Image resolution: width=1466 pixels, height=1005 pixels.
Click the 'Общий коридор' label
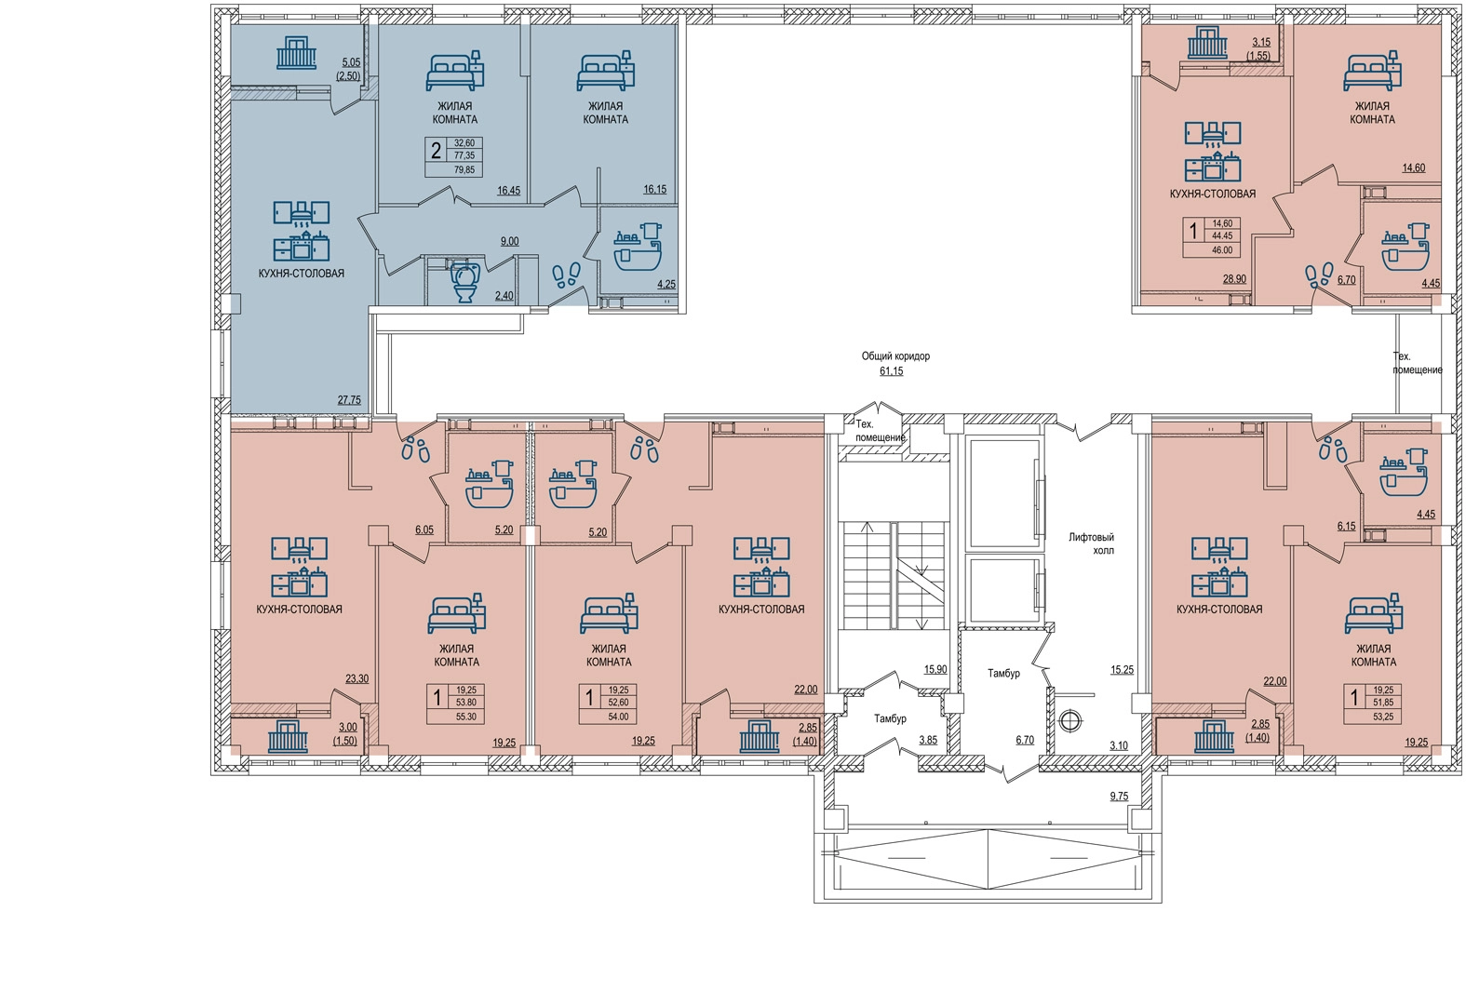coord(895,356)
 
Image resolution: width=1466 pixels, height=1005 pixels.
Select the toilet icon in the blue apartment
coord(465,282)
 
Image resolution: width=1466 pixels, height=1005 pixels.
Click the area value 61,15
coord(892,371)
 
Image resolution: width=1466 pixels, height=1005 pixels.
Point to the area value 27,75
coord(349,400)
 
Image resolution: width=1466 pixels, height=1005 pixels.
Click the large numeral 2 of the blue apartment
coord(436,152)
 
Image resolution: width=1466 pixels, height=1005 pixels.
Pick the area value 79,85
coord(465,170)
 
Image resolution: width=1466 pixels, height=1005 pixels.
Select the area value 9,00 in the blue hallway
coord(509,241)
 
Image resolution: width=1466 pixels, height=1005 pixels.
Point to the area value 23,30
coord(356,678)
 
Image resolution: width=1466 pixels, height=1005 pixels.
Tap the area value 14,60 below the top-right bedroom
coord(1413,167)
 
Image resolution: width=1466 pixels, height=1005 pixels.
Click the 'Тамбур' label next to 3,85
coord(890,718)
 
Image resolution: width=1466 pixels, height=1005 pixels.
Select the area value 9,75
coord(1119,797)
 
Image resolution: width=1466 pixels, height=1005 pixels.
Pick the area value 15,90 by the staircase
coord(935,669)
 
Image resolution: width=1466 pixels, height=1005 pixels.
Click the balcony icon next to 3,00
coord(288,736)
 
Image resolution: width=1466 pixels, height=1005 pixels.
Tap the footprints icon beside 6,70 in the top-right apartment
coord(1319,275)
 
